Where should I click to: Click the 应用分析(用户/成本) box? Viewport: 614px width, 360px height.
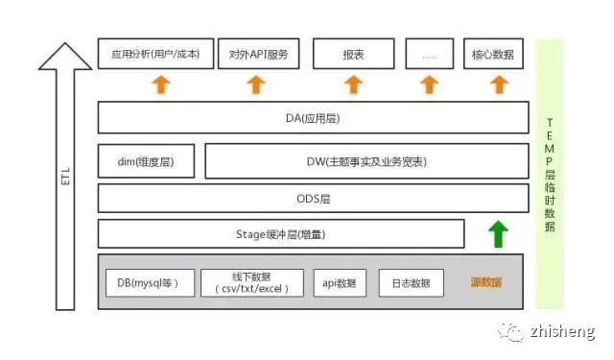point(155,54)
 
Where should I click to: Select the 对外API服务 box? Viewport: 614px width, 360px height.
point(258,54)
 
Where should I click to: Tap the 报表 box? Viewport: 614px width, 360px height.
point(354,54)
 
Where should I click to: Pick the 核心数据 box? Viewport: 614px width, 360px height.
point(493,54)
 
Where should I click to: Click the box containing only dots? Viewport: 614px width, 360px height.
point(430,54)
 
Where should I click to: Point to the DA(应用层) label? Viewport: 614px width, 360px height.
point(313,118)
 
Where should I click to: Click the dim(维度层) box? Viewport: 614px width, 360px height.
point(146,161)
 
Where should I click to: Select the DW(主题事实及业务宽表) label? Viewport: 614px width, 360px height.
point(366,161)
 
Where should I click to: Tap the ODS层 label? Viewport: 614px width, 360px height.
point(314,199)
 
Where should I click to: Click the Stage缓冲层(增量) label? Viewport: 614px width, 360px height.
point(281,234)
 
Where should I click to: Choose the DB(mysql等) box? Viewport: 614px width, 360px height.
point(150,283)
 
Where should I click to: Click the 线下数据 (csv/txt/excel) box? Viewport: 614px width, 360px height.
point(252,283)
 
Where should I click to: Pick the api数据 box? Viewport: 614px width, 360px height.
point(340,283)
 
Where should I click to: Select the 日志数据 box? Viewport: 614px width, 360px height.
point(412,283)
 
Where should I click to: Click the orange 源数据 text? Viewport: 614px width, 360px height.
point(486,282)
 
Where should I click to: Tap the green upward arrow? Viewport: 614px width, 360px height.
point(498,234)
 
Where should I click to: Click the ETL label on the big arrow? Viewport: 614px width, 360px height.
point(65,176)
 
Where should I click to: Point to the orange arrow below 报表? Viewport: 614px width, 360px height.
point(354,84)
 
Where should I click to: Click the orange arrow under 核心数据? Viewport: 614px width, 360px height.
point(499,84)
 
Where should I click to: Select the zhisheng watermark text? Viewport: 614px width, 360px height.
point(563,331)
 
